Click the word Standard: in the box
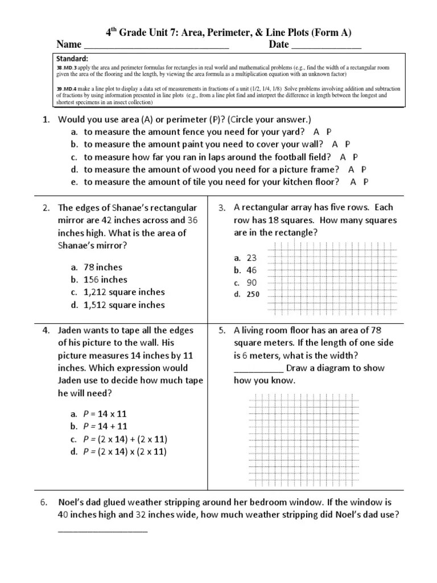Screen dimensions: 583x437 click(72, 59)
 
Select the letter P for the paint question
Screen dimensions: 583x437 click(348, 145)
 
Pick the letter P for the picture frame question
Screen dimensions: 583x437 click(364, 170)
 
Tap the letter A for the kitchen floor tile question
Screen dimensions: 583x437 click(353, 182)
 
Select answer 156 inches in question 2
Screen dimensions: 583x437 click(105, 280)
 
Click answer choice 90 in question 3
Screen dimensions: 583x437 click(252, 282)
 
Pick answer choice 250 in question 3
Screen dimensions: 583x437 click(253, 295)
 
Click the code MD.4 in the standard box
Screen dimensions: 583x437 click(69, 89)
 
